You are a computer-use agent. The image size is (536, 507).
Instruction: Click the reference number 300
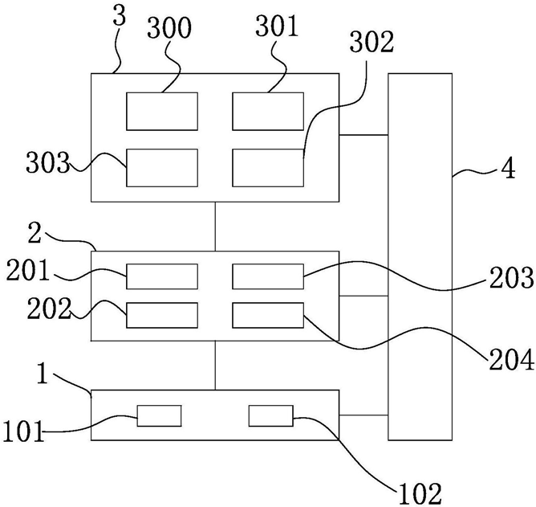[169, 28]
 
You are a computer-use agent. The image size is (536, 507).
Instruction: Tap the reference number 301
[277, 27]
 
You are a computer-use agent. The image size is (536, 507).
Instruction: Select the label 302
[372, 43]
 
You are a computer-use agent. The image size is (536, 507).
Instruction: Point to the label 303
[48, 162]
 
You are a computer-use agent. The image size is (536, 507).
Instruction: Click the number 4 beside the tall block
[508, 169]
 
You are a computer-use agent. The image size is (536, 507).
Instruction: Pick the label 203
[512, 278]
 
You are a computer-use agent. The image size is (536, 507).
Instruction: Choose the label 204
[512, 360]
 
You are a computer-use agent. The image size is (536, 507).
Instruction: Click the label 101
[24, 431]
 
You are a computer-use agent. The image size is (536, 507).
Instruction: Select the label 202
[49, 309]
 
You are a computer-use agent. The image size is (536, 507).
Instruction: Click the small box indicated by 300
[162, 111]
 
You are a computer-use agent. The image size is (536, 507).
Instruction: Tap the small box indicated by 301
[268, 111]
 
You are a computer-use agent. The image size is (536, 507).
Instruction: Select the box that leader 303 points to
[162, 168]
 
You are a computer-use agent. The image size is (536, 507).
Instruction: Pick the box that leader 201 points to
[162, 276]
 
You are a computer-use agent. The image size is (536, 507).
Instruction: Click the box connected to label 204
[268, 315]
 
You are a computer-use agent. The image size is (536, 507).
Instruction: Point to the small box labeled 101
[160, 416]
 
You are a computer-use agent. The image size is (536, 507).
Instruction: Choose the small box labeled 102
[270, 416]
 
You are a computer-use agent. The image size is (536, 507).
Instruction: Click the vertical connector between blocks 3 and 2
[215, 227]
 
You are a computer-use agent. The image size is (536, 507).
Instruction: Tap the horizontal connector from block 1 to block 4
[363, 415]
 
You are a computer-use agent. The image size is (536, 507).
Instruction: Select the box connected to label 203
[268, 276]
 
